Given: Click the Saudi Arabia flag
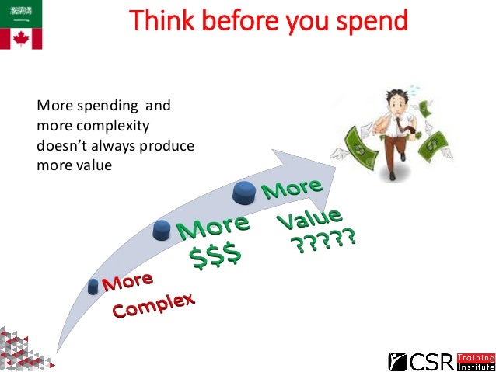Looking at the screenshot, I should click(x=20, y=12).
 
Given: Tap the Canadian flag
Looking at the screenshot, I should click(x=20, y=38).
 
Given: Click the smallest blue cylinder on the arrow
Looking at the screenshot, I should click(x=95, y=286).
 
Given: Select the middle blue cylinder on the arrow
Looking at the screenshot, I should click(x=162, y=230).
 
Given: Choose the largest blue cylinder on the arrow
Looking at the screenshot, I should click(x=245, y=191).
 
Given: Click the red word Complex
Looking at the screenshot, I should click(x=153, y=304).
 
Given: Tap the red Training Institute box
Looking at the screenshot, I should click(x=475, y=361).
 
